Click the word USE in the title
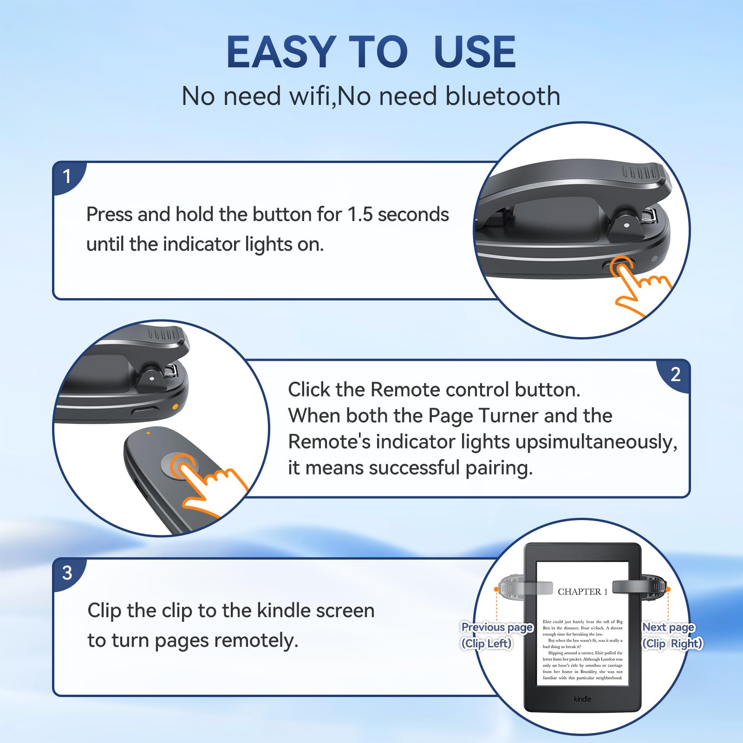click(x=474, y=52)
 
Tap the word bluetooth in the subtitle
click(x=502, y=96)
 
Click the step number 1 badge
click(x=67, y=176)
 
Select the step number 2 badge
click(x=675, y=374)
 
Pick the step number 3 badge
click(x=67, y=573)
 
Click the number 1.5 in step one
click(x=360, y=215)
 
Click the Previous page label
click(x=496, y=627)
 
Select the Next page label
click(x=668, y=627)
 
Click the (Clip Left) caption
click(x=486, y=643)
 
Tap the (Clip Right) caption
click(x=672, y=643)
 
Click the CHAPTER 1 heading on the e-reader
click(x=582, y=592)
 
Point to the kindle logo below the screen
click(x=582, y=698)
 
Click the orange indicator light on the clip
click(x=175, y=406)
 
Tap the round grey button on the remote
click(x=179, y=466)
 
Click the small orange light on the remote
click(x=148, y=433)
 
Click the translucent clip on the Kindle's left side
click(x=525, y=587)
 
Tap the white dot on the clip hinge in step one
click(x=626, y=225)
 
